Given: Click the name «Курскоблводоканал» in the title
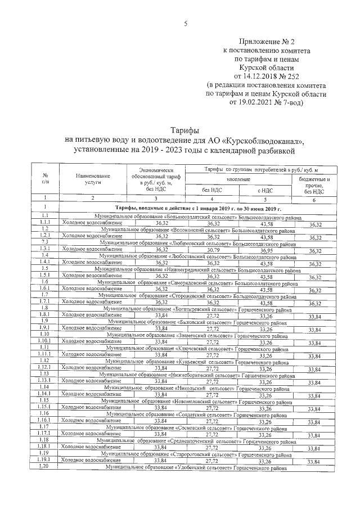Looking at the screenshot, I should click(263, 140).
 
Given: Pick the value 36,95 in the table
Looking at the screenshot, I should click(263, 250).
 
